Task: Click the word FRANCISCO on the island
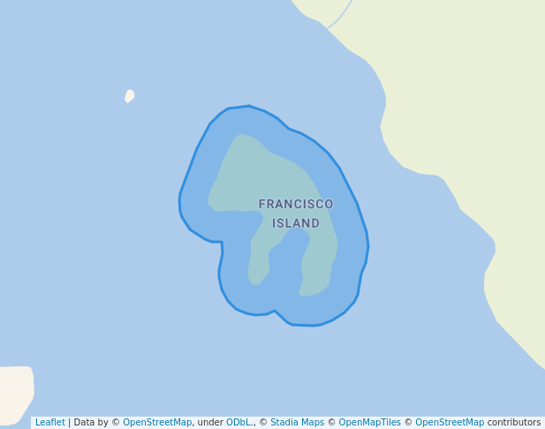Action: (296, 204)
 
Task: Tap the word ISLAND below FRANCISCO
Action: (296, 223)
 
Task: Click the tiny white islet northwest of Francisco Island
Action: (130, 95)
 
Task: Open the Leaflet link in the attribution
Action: (49, 423)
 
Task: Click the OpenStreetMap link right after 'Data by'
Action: (157, 423)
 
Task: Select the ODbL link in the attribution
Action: (239, 423)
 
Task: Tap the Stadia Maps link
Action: (297, 423)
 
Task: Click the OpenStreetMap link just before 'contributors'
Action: (450, 423)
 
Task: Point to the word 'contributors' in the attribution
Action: (514, 423)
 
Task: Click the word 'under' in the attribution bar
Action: (210, 423)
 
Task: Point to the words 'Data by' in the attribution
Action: (91, 423)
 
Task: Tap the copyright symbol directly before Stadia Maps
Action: (263, 423)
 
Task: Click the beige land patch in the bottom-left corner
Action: (16, 388)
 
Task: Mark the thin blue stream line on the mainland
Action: (341, 14)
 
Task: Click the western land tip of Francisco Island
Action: (214, 204)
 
